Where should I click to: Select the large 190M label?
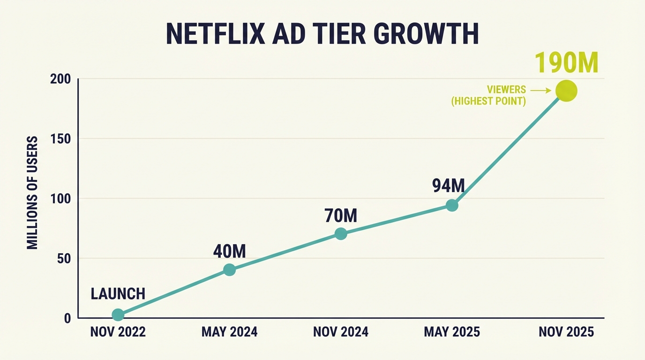tap(566, 62)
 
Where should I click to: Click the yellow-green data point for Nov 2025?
tap(566, 90)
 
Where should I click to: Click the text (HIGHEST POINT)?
tap(488, 101)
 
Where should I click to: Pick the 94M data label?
tap(448, 186)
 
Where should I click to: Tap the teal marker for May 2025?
tap(452, 205)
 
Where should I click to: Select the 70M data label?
tap(341, 216)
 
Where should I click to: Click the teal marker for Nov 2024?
tap(341, 233)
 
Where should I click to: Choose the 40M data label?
tap(229, 252)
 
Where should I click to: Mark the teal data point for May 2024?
tap(229, 270)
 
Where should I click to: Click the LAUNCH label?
tap(118, 294)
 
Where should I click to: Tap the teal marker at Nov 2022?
tap(118, 315)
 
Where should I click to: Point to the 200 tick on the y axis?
tap(60, 79)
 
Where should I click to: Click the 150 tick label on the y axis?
tap(60, 139)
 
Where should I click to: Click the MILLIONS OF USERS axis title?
tap(32, 193)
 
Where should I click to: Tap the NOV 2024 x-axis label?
tap(341, 332)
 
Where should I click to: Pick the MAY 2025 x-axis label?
tap(452, 332)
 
